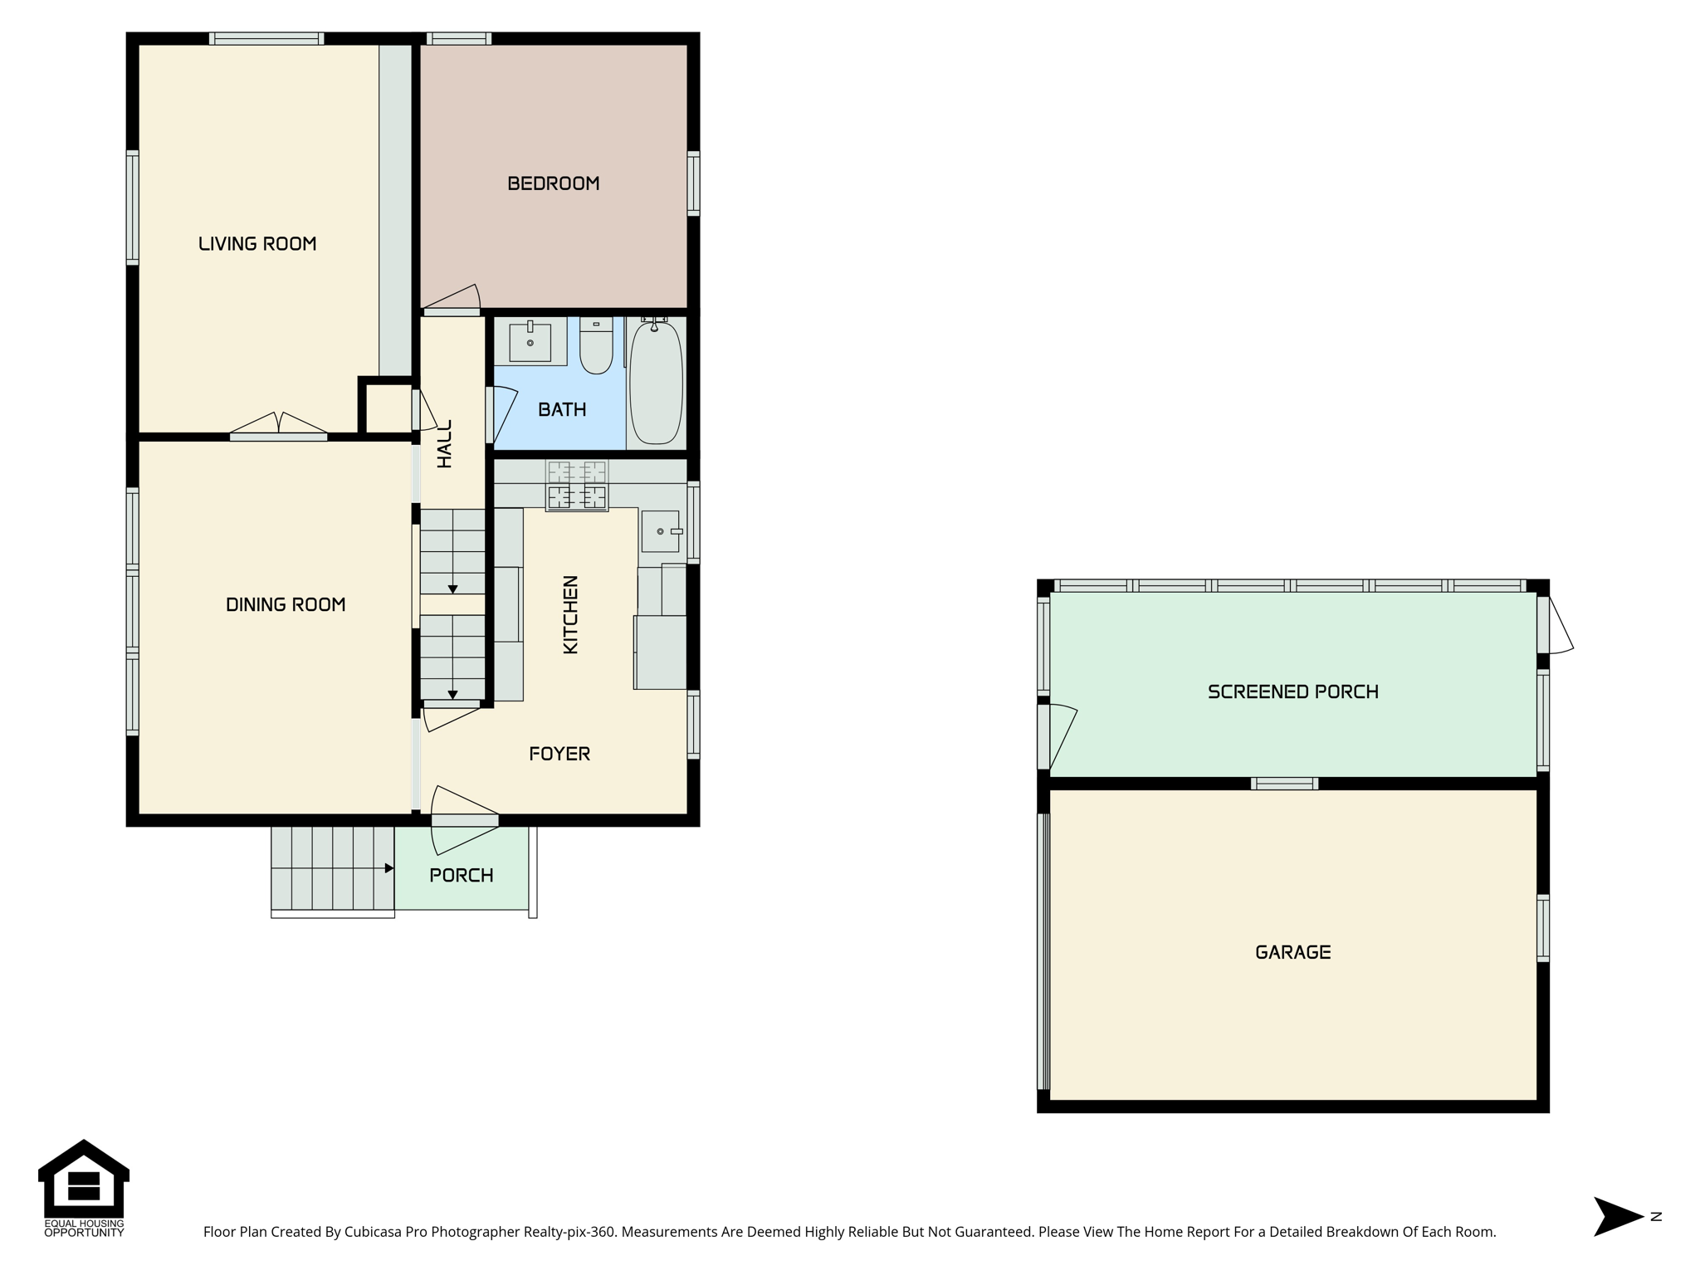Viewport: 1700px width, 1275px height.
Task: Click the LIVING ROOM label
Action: pyautogui.click(x=257, y=244)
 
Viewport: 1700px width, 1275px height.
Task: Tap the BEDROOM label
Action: pyautogui.click(x=554, y=183)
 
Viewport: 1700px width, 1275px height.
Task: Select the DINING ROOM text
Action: pyautogui.click(x=286, y=605)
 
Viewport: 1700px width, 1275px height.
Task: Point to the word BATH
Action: pyautogui.click(x=562, y=409)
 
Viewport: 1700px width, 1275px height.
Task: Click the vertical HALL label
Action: pyautogui.click(x=445, y=444)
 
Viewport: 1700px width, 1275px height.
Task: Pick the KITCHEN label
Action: pyautogui.click(x=571, y=615)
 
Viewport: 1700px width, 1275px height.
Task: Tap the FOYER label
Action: pyautogui.click(x=559, y=754)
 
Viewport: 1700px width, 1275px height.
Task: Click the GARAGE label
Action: pyautogui.click(x=1293, y=952)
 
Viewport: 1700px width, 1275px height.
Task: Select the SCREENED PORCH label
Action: pyautogui.click(x=1293, y=691)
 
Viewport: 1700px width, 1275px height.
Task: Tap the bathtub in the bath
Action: pyautogui.click(x=656, y=382)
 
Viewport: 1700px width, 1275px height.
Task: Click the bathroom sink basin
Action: pyautogui.click(x=530, y=341)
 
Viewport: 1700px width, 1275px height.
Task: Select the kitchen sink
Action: pyautogui.click(x=661, y=531)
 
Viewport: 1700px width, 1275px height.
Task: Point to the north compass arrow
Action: pyautogui.click(x=1619, y=1217)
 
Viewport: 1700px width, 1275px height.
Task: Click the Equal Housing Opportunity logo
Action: pyautogui.click(x=84, y=1188)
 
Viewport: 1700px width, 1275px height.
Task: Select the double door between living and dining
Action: pyautogui.click(x=278, y=426)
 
